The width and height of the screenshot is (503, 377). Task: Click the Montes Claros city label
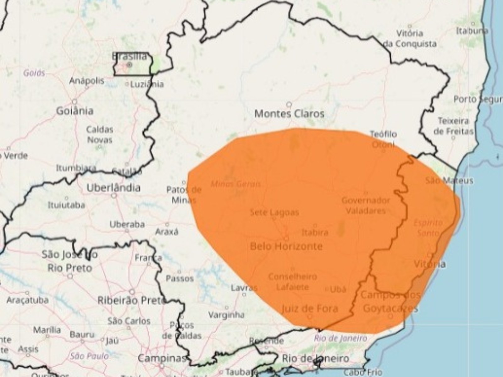(x=289, y=113)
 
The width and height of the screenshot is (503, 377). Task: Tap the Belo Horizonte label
(x=286, y=246)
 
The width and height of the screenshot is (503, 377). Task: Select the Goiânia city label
(x=75, y=111)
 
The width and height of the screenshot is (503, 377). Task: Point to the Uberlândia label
(x=113, y=188)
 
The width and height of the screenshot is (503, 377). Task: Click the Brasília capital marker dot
(x=129, y=65)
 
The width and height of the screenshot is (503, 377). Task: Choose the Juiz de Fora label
(x=310, y=309)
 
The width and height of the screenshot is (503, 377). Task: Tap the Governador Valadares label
(x=366, y=205)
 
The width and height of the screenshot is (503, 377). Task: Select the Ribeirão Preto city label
(x=131, y=301)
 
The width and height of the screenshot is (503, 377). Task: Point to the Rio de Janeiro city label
(x=315, y=358)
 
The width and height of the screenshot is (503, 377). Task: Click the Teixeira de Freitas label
(x=453, y=126)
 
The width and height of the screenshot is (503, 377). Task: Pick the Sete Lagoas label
(x=274, y=212)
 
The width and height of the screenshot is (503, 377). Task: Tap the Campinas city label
(x=162, y=358)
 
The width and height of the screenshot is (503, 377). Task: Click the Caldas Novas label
(x=100, y=134)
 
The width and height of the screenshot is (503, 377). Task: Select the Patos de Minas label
(x=184, y=194)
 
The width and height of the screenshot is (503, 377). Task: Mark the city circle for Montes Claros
(x=289, y=104)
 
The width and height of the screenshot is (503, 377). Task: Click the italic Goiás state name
(x=34, y=73)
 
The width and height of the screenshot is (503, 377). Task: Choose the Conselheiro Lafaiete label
(x=293, y=282)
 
